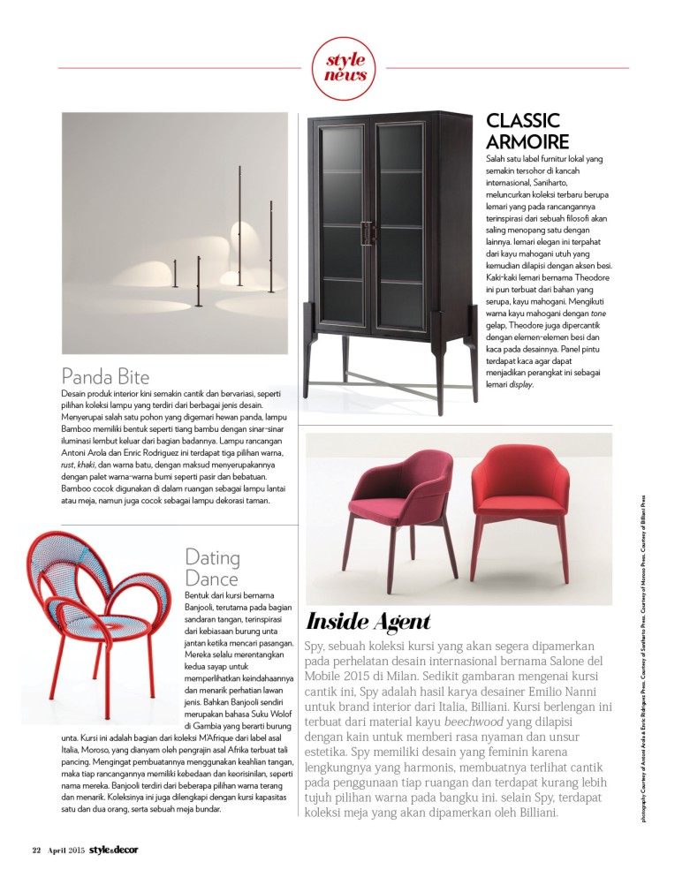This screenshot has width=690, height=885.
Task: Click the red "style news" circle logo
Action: pyautogui.click(x=345, y=69)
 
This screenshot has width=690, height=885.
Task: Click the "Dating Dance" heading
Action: pyautogui.click(x=212, y=568)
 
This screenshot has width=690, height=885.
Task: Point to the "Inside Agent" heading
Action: pyautogui.click(x=368, y=621)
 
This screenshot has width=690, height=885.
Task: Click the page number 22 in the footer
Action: pyautogui.click(x=36, y=850)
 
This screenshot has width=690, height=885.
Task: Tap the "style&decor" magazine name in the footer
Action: pyautogui.click(x=114, y=850)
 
